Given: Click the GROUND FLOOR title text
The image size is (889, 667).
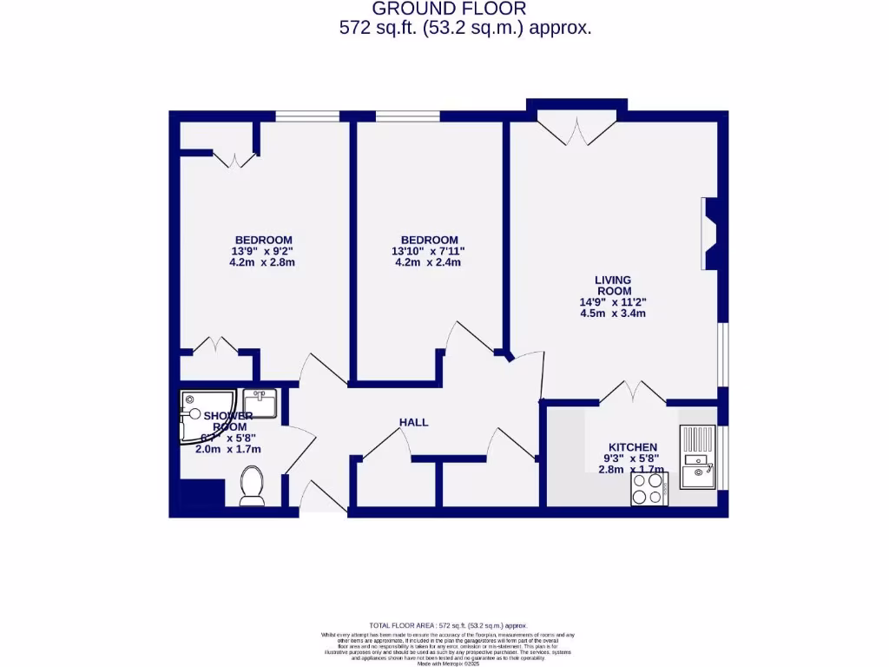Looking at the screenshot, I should coord(449,9).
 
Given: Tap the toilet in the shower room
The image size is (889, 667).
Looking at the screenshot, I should coord(252,485).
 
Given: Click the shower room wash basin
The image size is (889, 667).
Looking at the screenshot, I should coord(260,404).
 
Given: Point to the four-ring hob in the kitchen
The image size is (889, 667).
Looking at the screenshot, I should coord(649,489).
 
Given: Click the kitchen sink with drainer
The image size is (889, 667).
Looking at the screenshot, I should coord(698,458).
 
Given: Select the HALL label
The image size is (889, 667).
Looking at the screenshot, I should coord(413,422).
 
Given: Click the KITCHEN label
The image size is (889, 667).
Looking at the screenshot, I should coord(632,446).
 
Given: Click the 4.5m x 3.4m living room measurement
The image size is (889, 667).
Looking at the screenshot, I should coord(613,314).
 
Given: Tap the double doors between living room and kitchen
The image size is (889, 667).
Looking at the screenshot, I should coord(632,393).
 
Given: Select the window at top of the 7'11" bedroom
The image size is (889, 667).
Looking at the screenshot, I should coord(407,116).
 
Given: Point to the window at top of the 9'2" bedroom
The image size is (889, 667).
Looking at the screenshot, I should coord(307,116).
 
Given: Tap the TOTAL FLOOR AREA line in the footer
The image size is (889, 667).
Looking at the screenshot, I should coord(448,625).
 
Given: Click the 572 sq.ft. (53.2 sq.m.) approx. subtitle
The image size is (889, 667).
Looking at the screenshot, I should coord(465,28).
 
